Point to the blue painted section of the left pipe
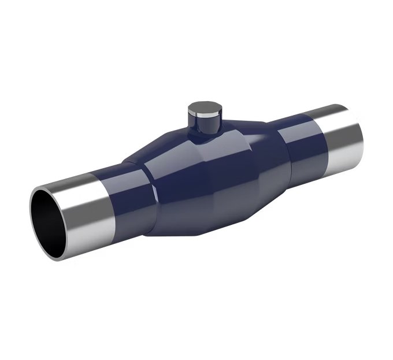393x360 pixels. (x=124, y=194)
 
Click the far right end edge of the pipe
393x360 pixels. (x=359, y=130)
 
